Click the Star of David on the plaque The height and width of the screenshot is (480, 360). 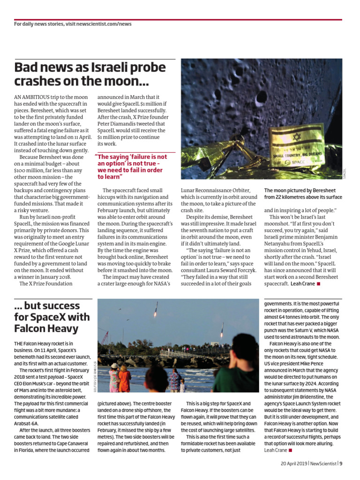(x=296, y=138)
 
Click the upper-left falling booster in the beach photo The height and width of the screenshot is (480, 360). (x=156, y=309)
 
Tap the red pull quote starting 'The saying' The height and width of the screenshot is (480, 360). (x=131, y=167)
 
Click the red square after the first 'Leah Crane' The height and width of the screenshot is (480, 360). (x=319, y=284)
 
